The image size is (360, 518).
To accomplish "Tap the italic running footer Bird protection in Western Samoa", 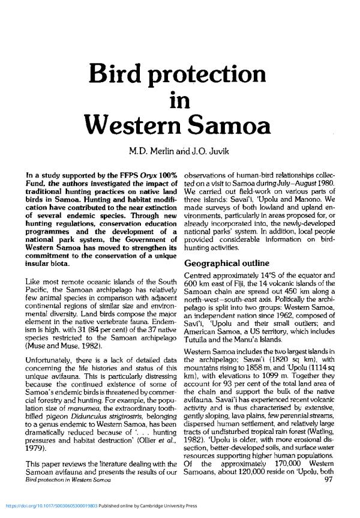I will click(x=66, y=496).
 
